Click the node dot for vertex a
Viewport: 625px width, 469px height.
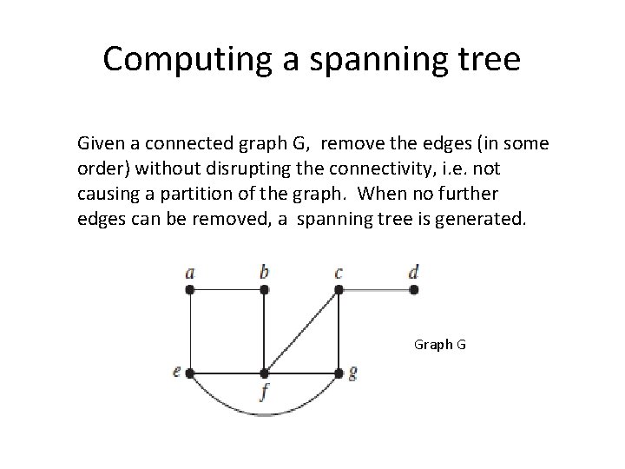[x=190, y=290]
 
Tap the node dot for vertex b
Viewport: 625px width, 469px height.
[x=264, y=290]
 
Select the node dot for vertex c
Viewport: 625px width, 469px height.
[x=339, y=290]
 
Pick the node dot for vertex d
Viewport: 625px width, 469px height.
[x=413, y=290]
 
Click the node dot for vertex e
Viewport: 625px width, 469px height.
[x=190, y=373]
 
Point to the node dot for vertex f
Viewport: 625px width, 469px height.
[x=264, y=373]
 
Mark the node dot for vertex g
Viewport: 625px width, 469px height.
[x=339, y=373]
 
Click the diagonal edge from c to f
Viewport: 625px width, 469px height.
[x=301, y=332]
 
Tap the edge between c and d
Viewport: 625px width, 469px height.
[x=376, y=290]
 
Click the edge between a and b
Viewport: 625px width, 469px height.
[x=227, y=290]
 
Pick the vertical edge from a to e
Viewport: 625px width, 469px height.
[x=190, y=331]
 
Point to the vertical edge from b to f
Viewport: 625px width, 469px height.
[x=264, y=331]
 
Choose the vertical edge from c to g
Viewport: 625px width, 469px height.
[x=339, y=331]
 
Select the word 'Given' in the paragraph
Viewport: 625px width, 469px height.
[x=100, y=142]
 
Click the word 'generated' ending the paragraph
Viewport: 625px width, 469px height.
[x=479, y=215]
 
